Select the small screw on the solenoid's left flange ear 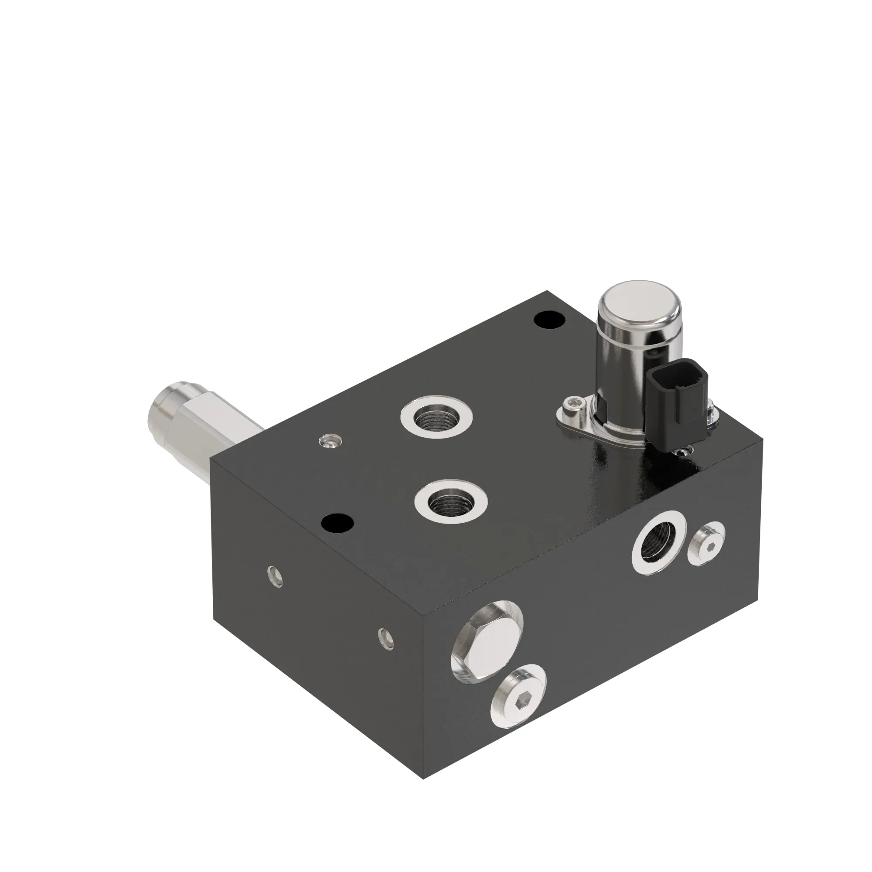[573, 401]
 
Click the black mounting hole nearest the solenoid [549, 320]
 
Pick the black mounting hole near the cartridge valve [337, 523]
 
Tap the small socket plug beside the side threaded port [705, 547]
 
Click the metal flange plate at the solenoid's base [582, 418]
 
